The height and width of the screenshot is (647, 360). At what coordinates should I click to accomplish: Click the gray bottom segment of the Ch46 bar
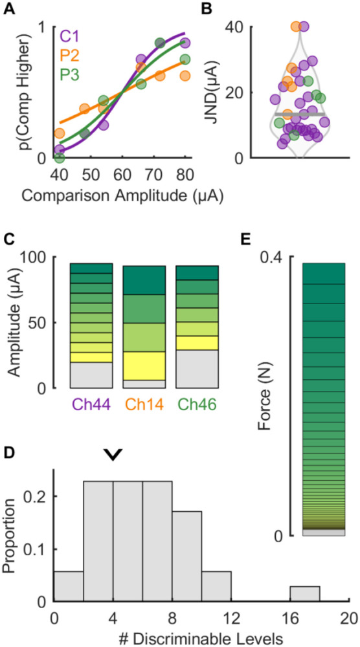198,369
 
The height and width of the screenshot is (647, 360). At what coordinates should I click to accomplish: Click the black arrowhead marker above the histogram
113,456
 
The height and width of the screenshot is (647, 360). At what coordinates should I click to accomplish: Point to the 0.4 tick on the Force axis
275,258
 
